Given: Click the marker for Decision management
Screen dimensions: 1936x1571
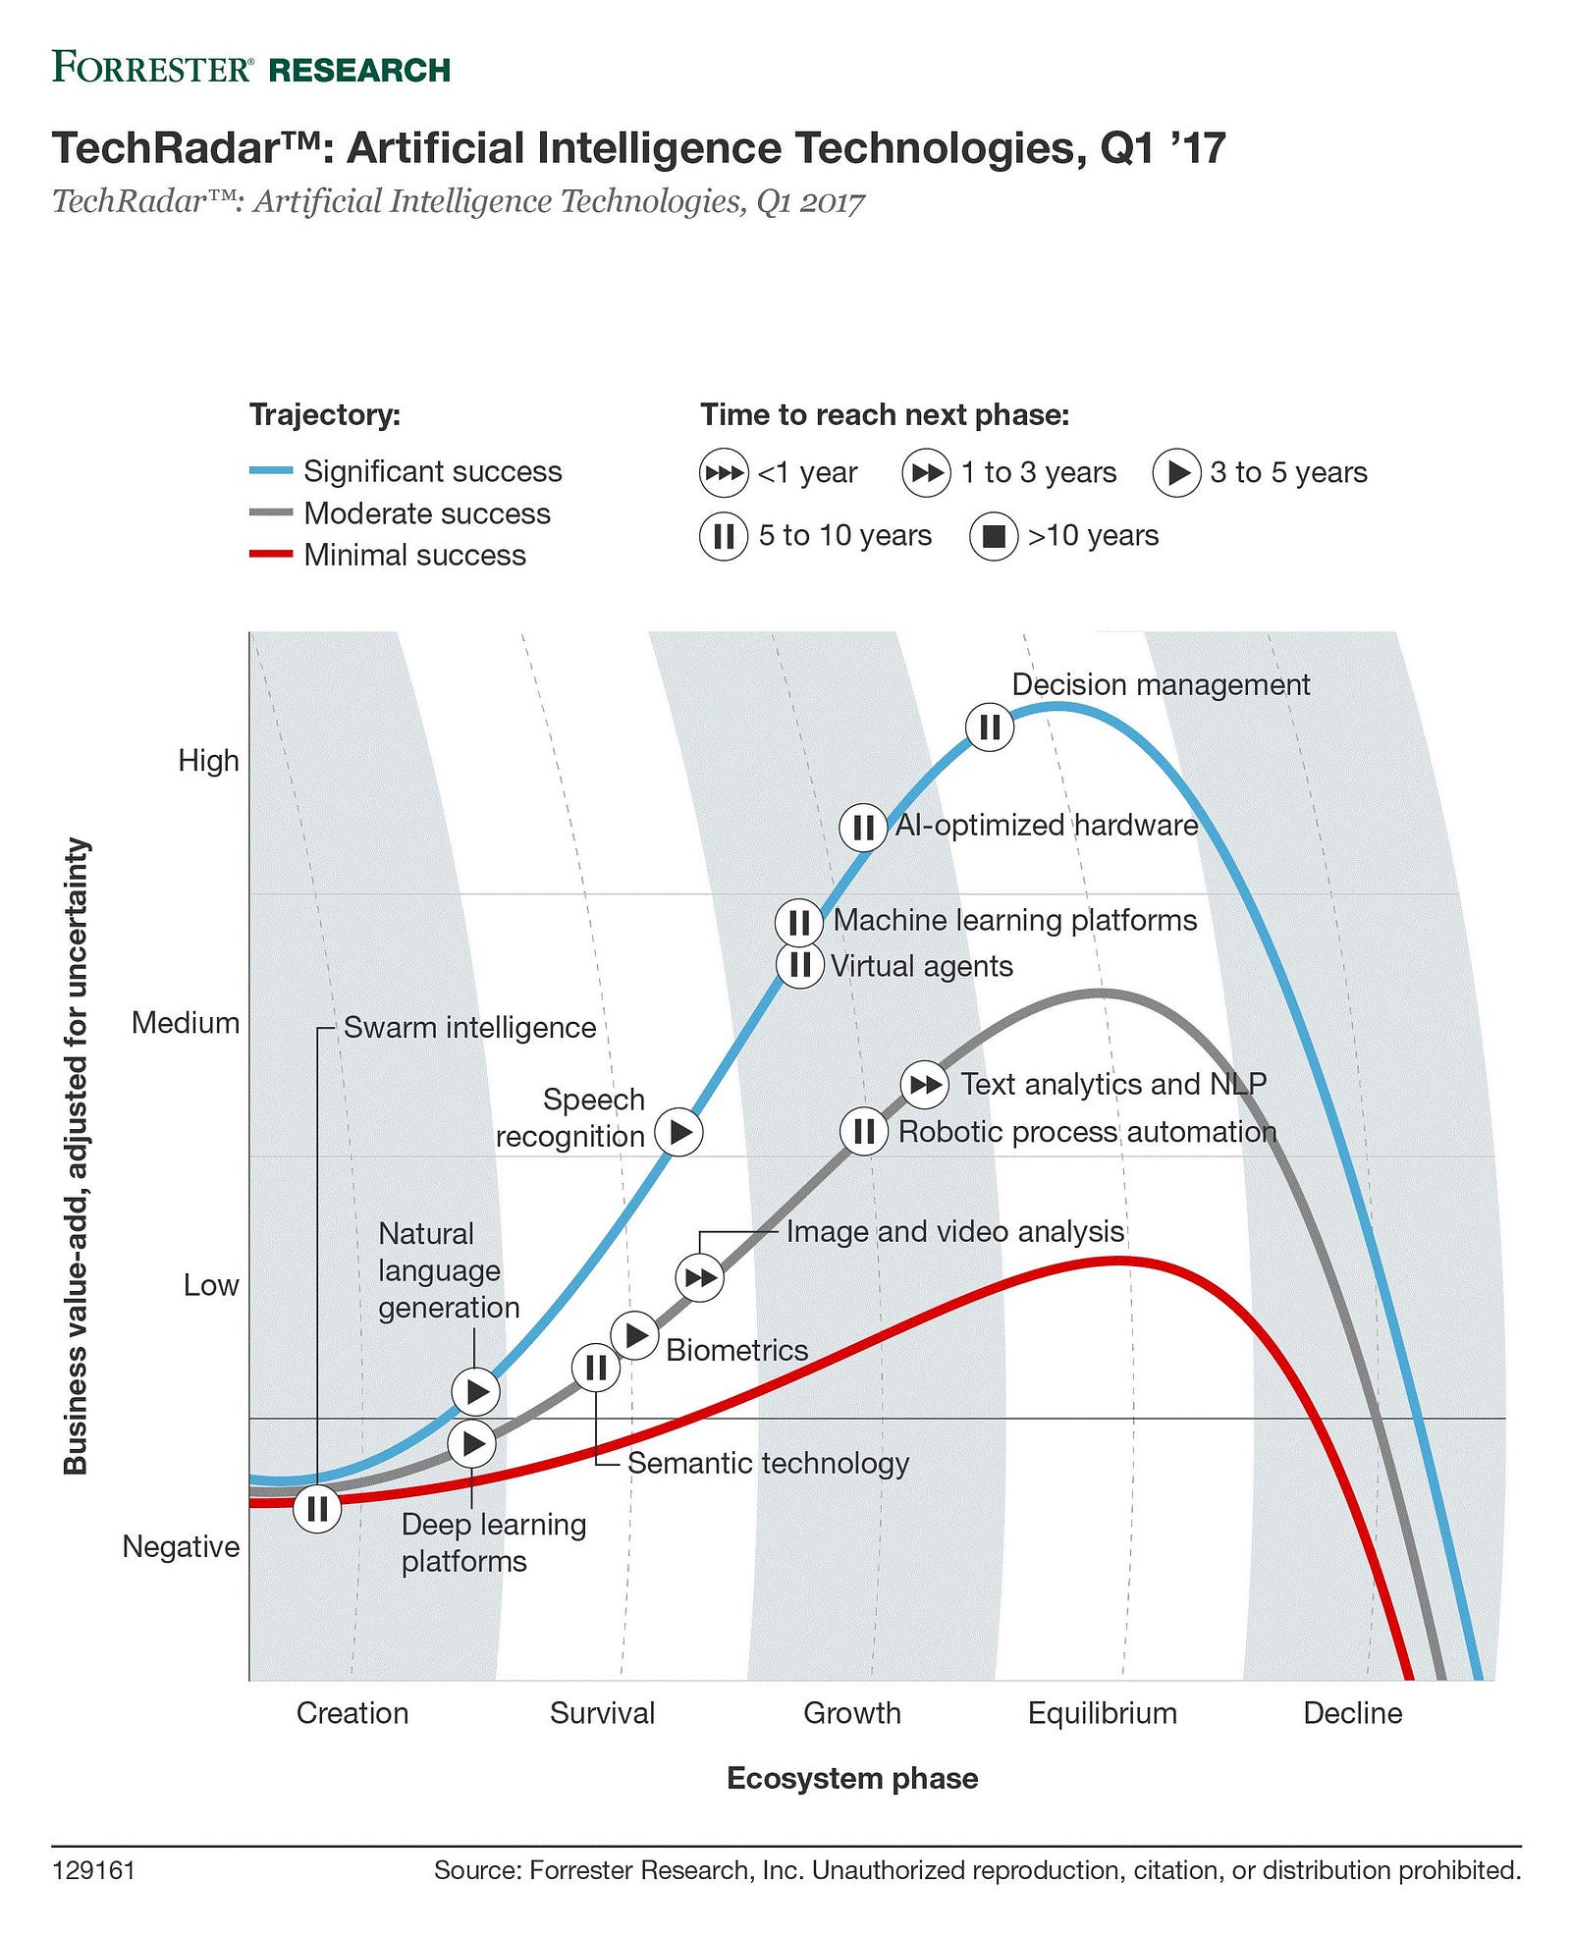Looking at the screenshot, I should (989, 726).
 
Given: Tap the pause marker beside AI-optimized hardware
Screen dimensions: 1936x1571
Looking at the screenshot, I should (863, 827).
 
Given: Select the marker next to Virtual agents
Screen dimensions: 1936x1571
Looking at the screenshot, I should (800, 965).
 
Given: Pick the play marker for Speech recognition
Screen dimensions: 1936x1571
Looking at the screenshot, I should (679, 1132).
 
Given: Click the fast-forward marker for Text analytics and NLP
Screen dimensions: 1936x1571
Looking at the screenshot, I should (924, 1084).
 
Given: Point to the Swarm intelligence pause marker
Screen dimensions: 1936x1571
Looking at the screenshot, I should (317, 1508).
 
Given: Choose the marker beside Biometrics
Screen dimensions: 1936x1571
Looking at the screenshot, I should (634, 1335).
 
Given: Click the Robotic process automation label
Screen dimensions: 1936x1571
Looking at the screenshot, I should (1087, 1132).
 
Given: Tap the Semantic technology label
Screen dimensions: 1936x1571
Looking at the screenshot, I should (768, 1463).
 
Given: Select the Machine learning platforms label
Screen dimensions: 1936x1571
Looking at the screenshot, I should (1015, 920).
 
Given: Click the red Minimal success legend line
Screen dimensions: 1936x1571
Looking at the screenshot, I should (271, 555).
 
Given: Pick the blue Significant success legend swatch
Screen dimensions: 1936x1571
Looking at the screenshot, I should (271, 471).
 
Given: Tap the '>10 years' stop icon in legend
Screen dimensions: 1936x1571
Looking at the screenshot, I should (994, 536).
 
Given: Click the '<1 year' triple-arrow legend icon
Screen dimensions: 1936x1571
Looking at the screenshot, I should (724, 473).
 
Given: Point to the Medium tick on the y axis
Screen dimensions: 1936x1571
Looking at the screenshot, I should (186, 1023).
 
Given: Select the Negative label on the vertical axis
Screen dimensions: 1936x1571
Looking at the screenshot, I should (181, 1546).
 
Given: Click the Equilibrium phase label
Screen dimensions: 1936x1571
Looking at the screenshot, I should (1102, 1713).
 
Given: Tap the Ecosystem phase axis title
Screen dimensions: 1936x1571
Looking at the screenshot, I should (852, 1778).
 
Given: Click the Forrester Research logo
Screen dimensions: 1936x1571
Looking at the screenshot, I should (251, 69).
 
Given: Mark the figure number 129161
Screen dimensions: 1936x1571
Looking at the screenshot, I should (93, 1870).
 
